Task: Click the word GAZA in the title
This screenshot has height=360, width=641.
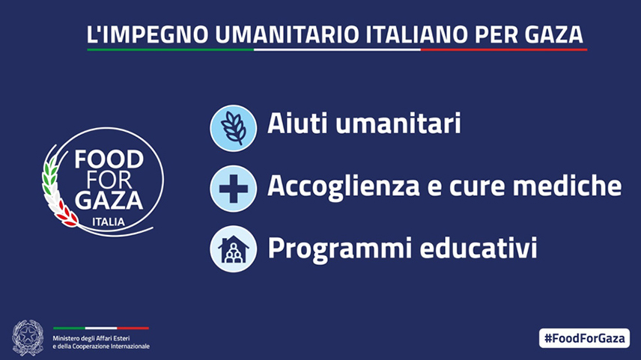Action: [553, 34]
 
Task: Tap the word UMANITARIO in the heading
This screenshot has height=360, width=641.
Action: [287, 34]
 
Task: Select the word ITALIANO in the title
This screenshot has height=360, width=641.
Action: [416, 34]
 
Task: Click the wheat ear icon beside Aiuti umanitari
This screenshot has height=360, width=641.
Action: [234, 128]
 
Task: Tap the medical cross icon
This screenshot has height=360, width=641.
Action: [234, 189]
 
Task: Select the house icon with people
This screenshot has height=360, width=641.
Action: [234, 248]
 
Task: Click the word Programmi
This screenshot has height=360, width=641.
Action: [339, 248]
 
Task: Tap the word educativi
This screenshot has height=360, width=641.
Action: [479, 247]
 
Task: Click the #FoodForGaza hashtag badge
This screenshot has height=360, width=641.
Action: [584, 338]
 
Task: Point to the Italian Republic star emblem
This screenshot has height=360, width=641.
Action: [28, 338]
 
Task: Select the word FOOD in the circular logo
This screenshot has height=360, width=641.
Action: [109, 159]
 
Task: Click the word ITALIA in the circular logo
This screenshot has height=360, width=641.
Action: [109, 222]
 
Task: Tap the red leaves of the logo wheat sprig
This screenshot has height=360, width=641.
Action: [66, 214]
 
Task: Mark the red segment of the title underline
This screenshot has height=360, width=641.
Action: [504, 50]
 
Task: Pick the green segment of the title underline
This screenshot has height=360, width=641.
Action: [171, 50]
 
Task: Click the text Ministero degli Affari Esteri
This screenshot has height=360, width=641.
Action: [91, 338]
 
